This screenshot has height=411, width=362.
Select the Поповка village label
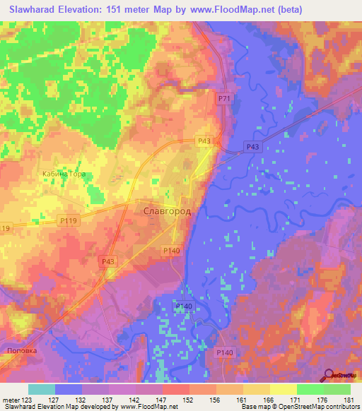[x=20, y=350]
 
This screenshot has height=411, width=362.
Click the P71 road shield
[x=223, y=100]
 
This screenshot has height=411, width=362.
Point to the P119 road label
[x=68, y=221]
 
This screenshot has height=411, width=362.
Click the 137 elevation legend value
[x=110, y=400]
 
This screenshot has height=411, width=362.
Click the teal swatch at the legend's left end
[x=42, y=389]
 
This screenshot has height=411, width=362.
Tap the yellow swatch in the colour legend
[x=283, y=389]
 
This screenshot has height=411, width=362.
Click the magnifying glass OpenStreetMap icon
[x=330, y=376]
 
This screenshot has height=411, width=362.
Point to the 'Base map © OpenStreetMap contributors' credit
[x=299, y=407]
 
